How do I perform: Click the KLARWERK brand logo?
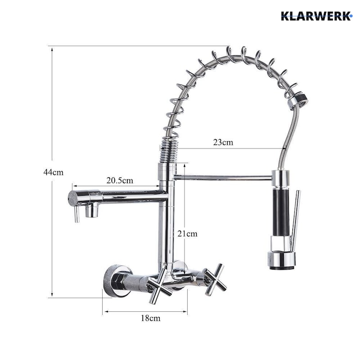coord(317,16)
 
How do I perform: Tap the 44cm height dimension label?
coord(54,172)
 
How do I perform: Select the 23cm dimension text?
coord(223,142)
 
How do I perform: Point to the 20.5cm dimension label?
coord(120,180)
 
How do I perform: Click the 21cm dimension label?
coord(187,234)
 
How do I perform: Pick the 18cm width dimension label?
coord(151,318)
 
